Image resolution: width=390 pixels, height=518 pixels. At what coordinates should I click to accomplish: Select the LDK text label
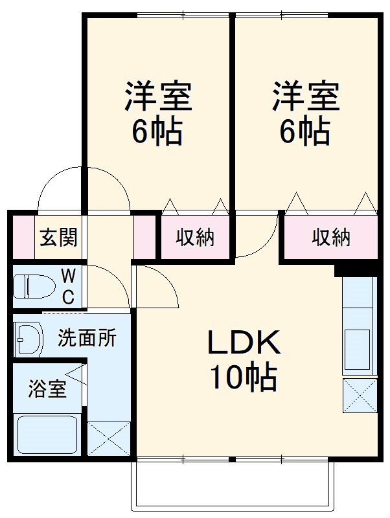(243, 343)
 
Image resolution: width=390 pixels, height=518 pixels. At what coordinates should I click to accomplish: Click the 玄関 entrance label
(59, 238)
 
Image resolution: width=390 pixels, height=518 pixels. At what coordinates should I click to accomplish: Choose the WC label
(67, 287)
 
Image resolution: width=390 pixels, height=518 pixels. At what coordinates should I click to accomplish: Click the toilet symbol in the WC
(32, 287)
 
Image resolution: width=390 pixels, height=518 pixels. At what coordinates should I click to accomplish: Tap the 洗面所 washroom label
(87, 337)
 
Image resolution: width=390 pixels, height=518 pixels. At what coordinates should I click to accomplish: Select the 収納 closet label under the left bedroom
(196, 238)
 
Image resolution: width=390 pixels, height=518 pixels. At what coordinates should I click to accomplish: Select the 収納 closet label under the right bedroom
(331, 238)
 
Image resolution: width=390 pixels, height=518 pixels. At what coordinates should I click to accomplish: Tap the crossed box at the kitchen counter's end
(360, 395)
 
